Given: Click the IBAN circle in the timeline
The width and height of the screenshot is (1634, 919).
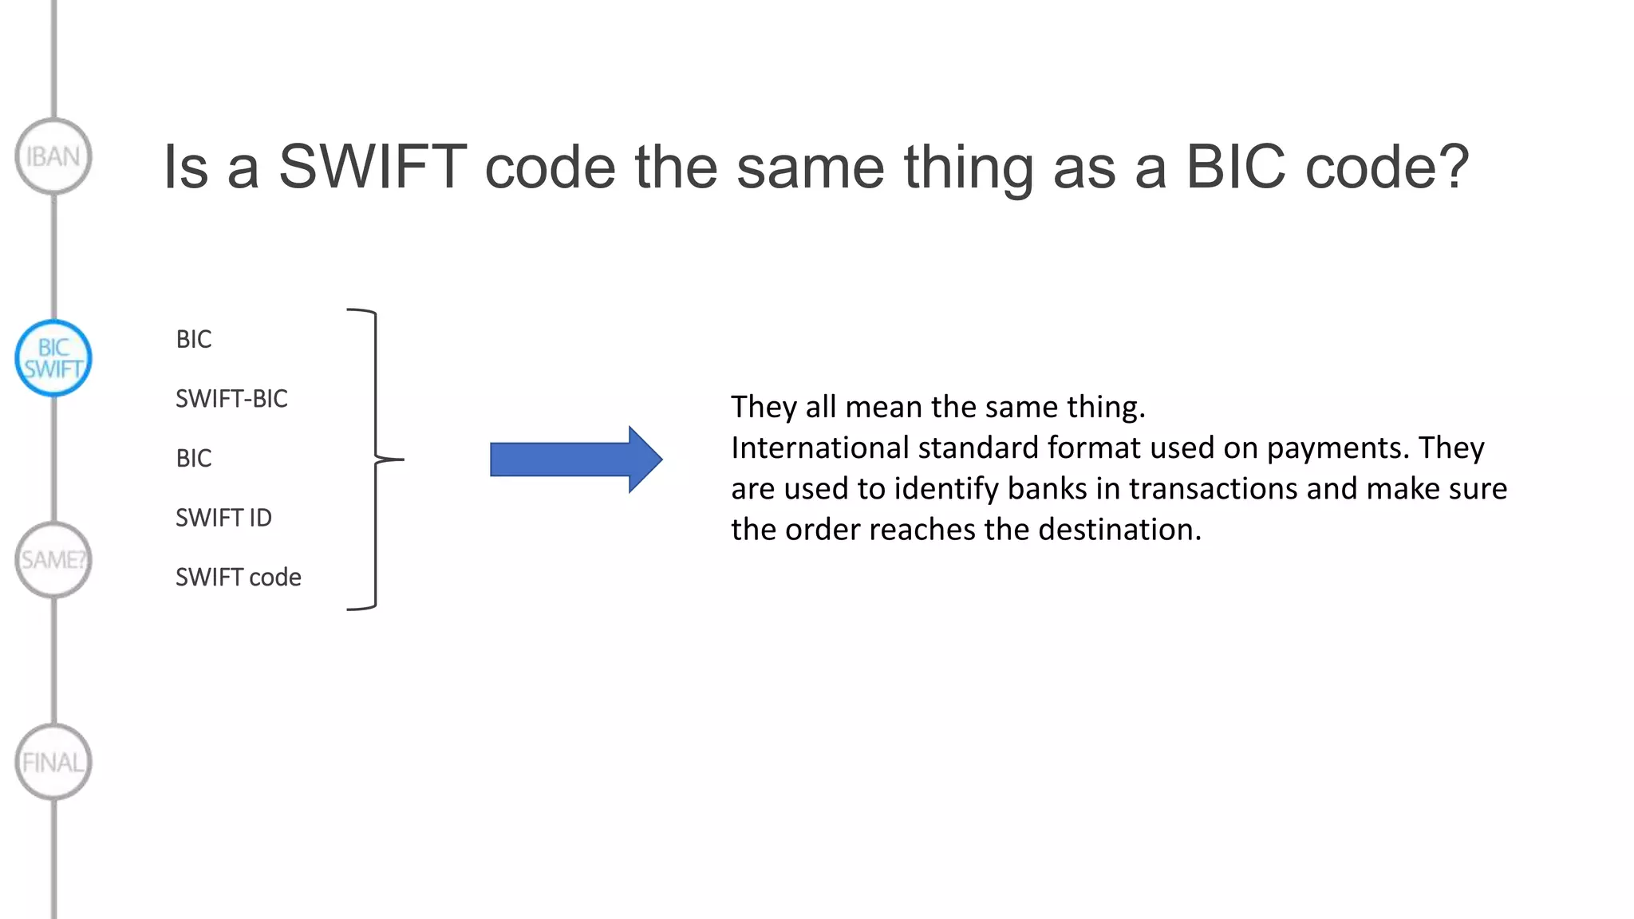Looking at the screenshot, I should (x=53, y=156).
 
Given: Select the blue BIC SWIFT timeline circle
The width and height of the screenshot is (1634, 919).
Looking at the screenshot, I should (x=53, y=358).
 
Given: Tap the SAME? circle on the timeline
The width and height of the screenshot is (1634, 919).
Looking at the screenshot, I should (x=53, y=560).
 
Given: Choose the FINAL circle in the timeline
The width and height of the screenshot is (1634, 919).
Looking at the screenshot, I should (x=53, y=763).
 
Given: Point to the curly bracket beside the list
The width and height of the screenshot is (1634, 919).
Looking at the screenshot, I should (x=376, y=459).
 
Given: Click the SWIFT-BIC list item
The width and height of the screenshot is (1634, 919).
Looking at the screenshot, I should (x=231, y=399).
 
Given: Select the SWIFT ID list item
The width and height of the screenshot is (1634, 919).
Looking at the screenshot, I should (x=223, y=518).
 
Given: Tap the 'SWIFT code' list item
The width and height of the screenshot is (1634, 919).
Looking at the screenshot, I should (x=238, y=578).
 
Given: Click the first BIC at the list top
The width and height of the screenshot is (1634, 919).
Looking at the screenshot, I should (x=194, y=340).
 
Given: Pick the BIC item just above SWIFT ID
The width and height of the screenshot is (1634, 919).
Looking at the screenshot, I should (x=194, y=459).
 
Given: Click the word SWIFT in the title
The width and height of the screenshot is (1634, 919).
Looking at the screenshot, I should (x=372, y=168).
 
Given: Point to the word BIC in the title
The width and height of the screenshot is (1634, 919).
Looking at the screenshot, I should (x=1235, y=168).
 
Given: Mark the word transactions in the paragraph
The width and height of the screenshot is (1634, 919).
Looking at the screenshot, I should (x=1213, y=489).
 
